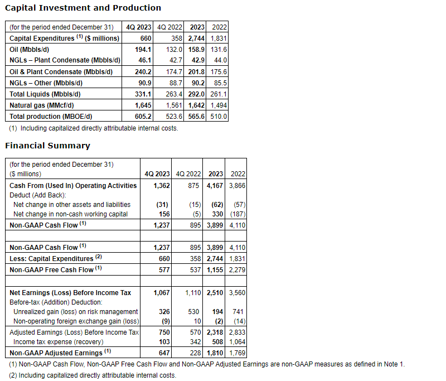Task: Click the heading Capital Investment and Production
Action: [x=83, y=8]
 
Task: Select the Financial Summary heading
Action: [x=47, y=146]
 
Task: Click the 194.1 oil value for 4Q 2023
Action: [x=143, y=49]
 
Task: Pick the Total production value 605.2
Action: [x=143, y=116]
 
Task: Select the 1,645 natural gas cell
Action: [x=143, y=105]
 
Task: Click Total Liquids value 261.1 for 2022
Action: [x=219, y=94]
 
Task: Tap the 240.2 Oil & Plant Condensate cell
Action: [x=143, y=71]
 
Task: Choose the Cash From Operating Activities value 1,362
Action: [x=161, y=185]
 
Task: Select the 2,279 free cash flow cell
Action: [x=236, y=269]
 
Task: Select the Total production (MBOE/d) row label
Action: [x=51, y=116]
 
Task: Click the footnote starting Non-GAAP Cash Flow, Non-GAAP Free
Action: [x=207, y=364]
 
